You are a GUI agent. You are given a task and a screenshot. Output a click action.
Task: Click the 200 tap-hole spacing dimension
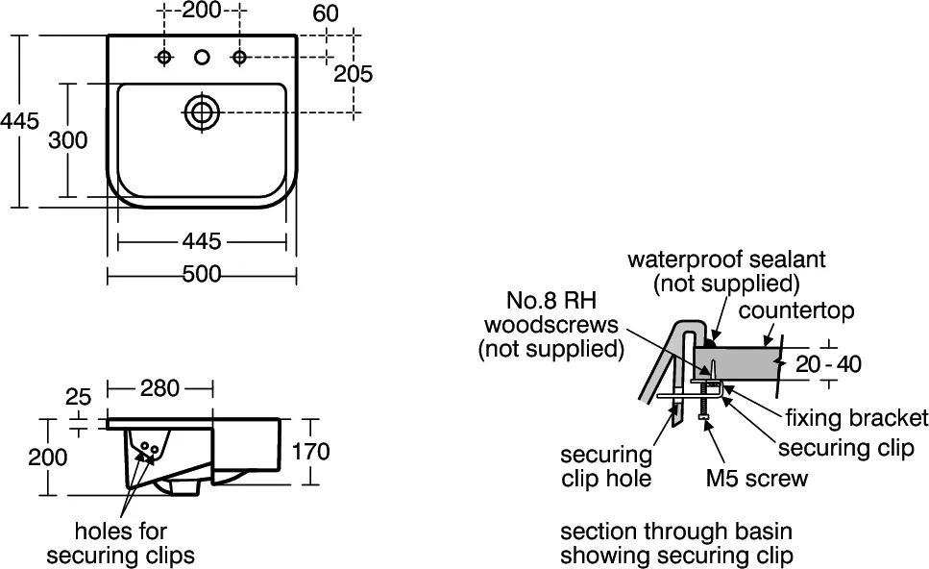click(201, 10)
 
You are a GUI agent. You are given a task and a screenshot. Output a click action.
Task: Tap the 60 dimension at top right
click(326, 13)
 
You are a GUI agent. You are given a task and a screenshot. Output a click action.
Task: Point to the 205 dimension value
click(354, 73)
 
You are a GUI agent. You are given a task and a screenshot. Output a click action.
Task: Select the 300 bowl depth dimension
click(67, 140)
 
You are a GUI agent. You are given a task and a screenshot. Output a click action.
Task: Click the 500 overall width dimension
click(202, 274)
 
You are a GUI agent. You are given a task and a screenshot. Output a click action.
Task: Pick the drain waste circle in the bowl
click(202, 111)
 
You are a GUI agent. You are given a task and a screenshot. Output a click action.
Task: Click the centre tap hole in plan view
click(202, 57)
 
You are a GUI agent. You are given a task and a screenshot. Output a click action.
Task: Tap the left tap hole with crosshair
click(164, 57)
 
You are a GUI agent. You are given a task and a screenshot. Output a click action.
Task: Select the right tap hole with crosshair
click(239, 57)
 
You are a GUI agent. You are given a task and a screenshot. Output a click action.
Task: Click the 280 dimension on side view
click(159, 388)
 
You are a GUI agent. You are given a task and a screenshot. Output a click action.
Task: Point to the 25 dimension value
click(78, 397)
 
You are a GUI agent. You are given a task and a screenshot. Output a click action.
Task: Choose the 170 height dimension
click(311, 452)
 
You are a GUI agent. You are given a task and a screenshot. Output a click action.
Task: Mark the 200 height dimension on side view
click(48, 457)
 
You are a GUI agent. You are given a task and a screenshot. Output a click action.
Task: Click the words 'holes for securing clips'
click(121, 543)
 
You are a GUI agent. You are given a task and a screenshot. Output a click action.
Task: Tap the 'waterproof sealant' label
click(726, 259)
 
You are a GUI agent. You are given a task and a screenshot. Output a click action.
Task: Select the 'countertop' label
click(796, 310)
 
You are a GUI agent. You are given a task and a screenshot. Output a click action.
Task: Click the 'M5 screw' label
click(757, 478)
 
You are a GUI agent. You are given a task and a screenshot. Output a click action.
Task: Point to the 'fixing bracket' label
click(857, 418)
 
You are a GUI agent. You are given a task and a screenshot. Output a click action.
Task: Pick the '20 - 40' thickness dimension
click(828, 364)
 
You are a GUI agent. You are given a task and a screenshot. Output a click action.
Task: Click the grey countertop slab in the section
click(735, 362)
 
